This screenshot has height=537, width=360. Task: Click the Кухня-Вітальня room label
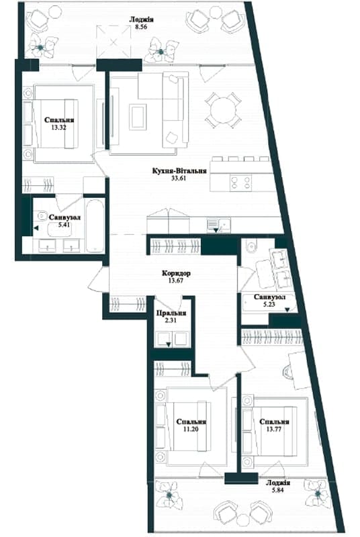[179, 170]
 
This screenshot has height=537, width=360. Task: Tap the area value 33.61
[179, 178]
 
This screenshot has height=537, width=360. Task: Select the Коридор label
[176, 273]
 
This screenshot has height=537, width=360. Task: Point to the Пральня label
[171, 313]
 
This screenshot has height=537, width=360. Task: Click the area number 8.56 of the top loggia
[141, 27]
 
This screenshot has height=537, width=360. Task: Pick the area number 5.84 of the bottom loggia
[277, 490]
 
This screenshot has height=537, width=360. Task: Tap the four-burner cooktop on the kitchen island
[241, 182]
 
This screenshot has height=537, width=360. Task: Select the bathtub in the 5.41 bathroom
[95, 225]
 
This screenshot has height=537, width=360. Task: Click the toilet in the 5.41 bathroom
[42, 215]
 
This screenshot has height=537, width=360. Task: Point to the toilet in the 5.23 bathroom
[250, 246]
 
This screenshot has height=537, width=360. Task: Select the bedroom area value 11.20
[191, 429]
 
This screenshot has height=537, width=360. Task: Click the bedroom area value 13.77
[274, 429]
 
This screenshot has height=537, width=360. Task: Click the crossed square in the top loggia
[114, 42]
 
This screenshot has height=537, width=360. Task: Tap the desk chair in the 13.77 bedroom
[287, 372]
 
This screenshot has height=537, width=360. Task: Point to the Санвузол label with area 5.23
[269, 297]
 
